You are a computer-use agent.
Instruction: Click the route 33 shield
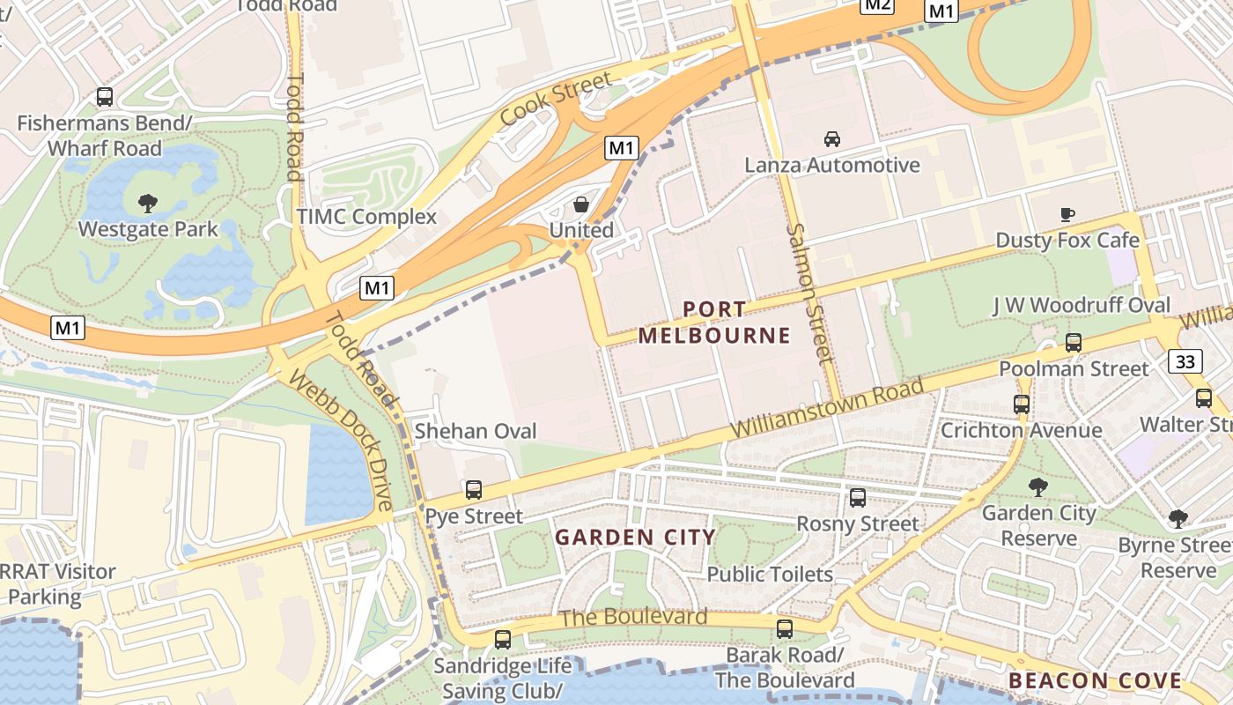tap(1185, 360)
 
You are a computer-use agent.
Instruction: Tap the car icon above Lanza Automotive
tap(831, 139)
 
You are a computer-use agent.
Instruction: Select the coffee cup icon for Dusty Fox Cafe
tap(1067, 214)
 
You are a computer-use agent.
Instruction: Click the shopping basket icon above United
tap(581, 205)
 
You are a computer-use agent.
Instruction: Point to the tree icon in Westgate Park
tap(148, 204)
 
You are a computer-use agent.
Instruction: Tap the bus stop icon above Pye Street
tap(474, 490)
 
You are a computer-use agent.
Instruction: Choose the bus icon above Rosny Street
tap(858, 498)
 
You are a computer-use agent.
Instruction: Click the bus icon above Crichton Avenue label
tap(1021, 404)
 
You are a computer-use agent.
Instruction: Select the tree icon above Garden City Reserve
tap(1038, 486)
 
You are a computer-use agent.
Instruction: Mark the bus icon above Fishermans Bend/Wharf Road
tap(104, 97)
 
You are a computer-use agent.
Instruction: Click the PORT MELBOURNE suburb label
tap(714, 323)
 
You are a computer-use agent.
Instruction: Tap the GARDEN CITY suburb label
tap(634, 538)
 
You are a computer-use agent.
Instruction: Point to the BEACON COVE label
tap(1095, 680)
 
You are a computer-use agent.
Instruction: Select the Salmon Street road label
tap(808, 293)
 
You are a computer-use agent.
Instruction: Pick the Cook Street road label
tap(555, 100)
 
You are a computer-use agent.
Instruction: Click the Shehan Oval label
tap(475, 431)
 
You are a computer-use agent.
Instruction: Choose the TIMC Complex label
tap(366, 217)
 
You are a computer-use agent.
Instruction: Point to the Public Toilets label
tap(770, 575)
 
